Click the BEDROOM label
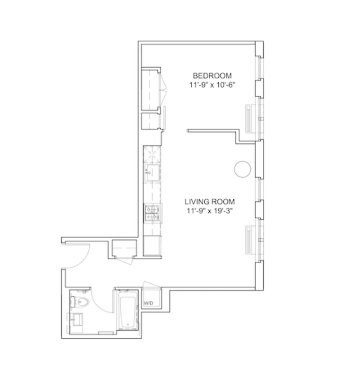click(x=212, y=76)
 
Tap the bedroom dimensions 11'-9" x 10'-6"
click(x=212, y=85)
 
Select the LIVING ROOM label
click(x=210, y=201)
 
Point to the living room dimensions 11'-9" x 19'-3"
click(x=210, y=211)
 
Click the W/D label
click(x=148, y=303)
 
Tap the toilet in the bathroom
click(x=80, y=302)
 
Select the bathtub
click(x=128, y=310)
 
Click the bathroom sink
click(x=76, y=319)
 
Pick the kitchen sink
click(x=152, y=172)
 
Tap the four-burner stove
click(x=152, y=213)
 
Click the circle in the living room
click(x=243, y=169)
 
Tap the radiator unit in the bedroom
click(x=249, y=118)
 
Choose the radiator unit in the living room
click(x=249, y=240)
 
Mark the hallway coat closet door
click(x=124, y=261)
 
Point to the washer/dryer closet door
click(x=152, y=285)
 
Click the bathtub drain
click(x=128, y=325)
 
